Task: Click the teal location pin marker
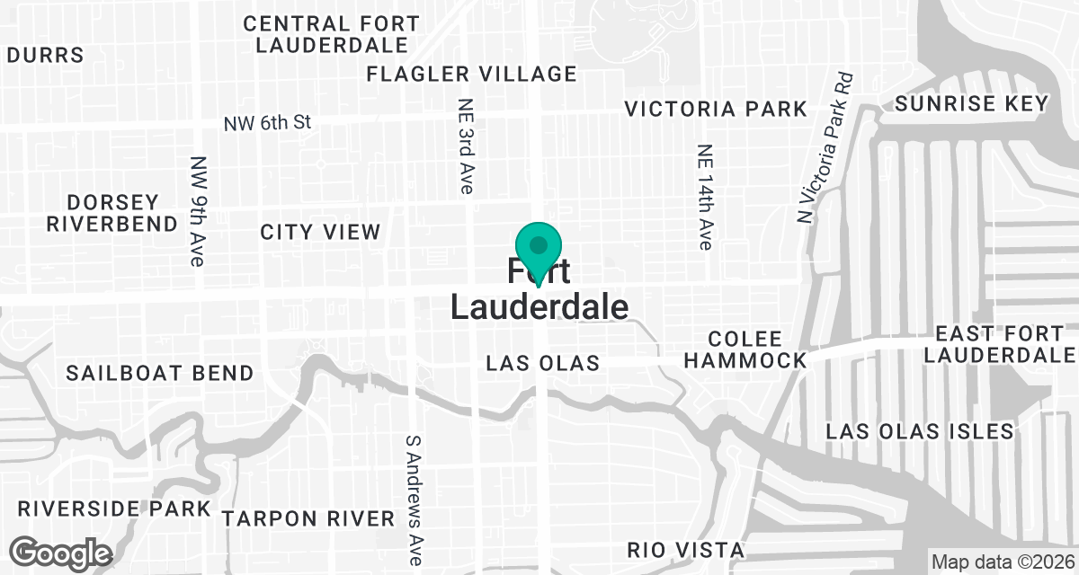539,247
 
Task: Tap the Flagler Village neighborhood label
471,74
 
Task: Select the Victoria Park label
716,110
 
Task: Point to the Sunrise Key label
972,103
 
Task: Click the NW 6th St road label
268,122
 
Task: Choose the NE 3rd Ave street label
466,146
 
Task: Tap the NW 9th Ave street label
198,212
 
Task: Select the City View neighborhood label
320,232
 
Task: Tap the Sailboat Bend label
159,372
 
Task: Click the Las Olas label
542,364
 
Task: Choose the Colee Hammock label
756,349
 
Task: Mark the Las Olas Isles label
920,431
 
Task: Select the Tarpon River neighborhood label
308,518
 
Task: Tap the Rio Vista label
685,550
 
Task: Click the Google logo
61,552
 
